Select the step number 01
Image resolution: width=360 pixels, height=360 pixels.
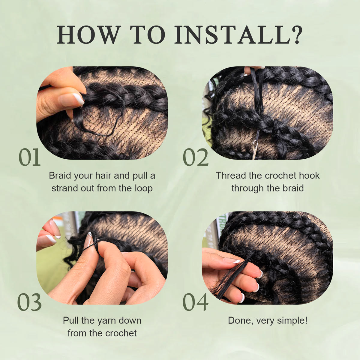tap(29, 157)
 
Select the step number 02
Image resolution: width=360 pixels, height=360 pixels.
tap(196, 157)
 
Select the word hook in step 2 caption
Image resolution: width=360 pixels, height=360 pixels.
tap(309, 175)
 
